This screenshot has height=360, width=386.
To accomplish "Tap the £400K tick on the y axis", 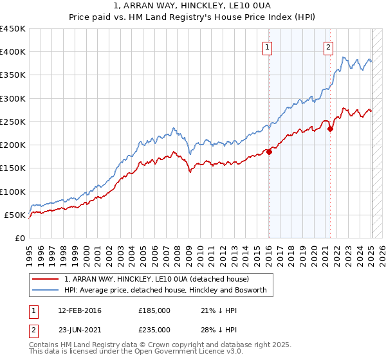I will click(13, 52).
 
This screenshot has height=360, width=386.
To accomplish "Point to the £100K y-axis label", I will click(13, 192).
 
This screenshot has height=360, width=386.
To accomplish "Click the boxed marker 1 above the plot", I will click(266, 46).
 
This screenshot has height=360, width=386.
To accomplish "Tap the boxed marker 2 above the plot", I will click(328, 46).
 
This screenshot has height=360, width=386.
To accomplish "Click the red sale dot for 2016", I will click(270, 152).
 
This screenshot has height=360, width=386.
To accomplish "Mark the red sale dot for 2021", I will click(331, 129).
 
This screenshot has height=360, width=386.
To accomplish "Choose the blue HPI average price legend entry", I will click(169, 291).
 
